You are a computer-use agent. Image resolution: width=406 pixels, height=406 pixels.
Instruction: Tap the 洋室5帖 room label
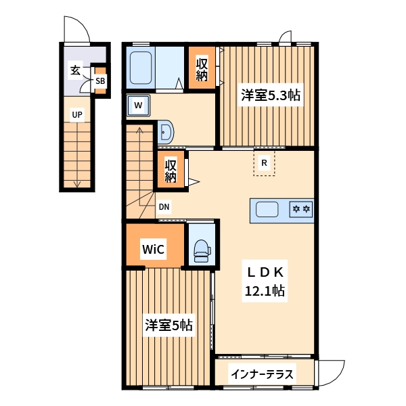pos(168,325)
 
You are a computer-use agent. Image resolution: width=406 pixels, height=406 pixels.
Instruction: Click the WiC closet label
pos(153,249)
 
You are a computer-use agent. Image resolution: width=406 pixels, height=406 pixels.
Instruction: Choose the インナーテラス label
pos(261,374)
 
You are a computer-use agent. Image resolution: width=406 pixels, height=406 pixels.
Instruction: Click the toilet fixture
pos(201,250)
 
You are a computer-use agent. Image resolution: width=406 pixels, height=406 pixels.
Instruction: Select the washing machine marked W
pos(138,105)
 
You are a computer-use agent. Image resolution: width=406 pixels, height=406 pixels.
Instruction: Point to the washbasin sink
pos(165,131)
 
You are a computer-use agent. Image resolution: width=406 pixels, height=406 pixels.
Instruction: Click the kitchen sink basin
pos(267,210)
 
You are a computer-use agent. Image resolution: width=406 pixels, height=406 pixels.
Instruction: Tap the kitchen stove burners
pos(300,210)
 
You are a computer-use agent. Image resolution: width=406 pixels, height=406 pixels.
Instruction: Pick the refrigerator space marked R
pos(265,163)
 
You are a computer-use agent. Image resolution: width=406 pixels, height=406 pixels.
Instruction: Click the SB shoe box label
pos(100,81)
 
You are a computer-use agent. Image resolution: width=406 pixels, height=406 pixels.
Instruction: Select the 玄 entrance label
pos(74,70)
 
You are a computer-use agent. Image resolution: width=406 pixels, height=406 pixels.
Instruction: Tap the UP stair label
pos(77,115)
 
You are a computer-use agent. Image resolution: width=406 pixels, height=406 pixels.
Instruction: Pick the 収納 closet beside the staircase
pos(171,171)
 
